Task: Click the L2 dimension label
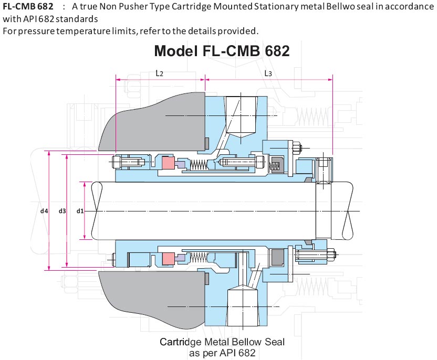coord(160,73)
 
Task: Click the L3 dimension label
coord(268,73)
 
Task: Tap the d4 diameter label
coord(44,211)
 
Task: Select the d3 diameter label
coord(62,211)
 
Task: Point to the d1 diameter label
coord(80,211)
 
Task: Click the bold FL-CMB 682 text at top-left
coord(28,7)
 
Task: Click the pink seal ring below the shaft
coord(169,259)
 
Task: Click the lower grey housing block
coord(152,294)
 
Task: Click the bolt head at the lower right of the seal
coord(332,256)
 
